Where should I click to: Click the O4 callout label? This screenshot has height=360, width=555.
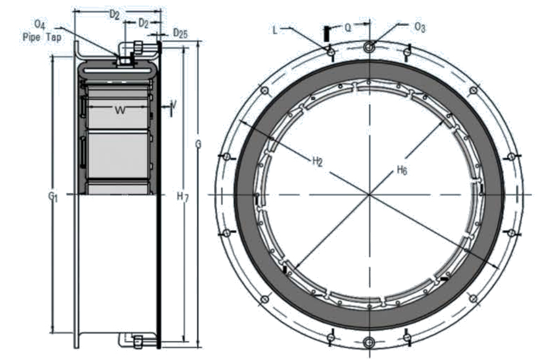pos(40,25)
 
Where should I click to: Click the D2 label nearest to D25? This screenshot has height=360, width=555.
pos(144,23)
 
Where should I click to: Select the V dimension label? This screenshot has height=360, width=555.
pos(173,105)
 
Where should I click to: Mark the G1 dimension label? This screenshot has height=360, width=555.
pos(53,195)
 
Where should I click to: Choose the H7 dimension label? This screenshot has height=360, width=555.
pos(182,197)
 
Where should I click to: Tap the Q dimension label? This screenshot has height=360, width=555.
pos(348,27)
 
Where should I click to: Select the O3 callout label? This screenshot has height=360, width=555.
pos(420,27)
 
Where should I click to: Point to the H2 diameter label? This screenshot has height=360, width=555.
pos(318,162)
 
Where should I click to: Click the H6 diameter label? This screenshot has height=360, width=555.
pos(402,170)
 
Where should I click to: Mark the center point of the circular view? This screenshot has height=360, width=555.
pos(369,195)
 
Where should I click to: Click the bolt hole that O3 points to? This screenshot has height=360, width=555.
pos(369,47)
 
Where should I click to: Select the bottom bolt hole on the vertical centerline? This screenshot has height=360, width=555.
pos(369,343)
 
